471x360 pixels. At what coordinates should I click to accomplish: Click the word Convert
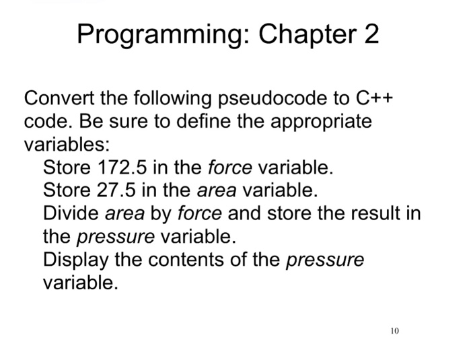[59, 98]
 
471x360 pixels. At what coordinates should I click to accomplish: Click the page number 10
[394, 330]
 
